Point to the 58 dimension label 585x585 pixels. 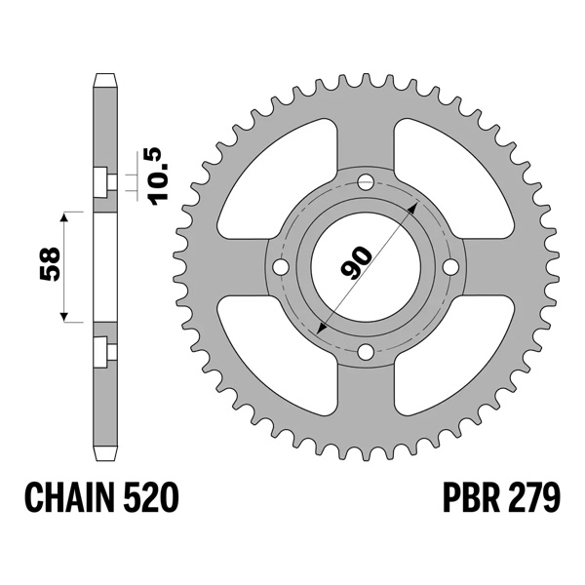[x=50, y=264]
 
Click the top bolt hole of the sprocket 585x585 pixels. [x=366, y=182]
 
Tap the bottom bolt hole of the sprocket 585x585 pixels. [x=366, y=351]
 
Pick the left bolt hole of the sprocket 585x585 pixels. [x=282, y=267]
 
